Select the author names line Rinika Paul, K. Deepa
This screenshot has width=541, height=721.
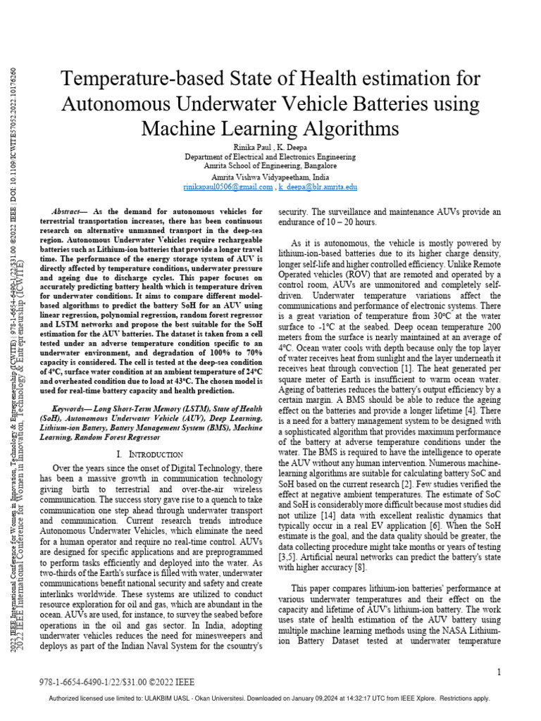[x=271, y=145]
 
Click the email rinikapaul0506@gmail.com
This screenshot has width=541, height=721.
[x=228, y=187]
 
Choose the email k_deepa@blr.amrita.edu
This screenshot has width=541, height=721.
[x=318, y=187]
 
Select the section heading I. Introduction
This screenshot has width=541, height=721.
[x=150, y=454]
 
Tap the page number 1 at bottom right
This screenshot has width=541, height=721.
[x=498, y=672]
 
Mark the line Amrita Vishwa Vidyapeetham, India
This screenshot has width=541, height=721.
[x=271, y=177]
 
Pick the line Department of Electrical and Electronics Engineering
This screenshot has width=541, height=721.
[x=271, y=156]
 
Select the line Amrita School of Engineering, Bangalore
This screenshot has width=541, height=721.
[x=271, y=166]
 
